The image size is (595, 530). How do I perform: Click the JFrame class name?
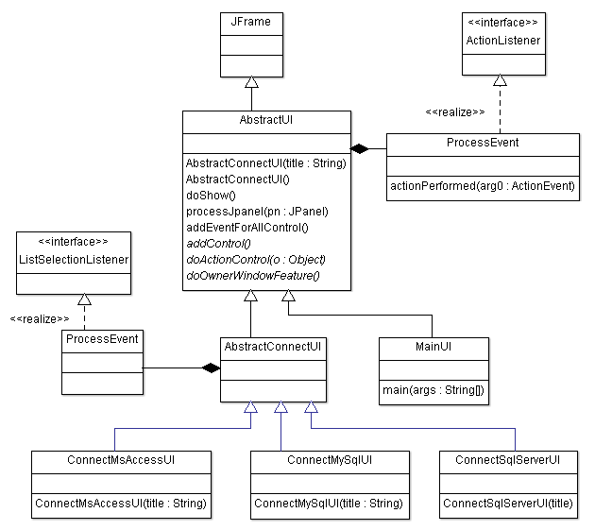(251, 21)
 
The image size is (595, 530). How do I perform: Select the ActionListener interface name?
(503, 41)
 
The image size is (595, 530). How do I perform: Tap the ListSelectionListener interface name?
(74, 259)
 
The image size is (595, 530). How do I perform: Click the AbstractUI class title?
(265, 122)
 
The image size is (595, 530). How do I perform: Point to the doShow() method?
(211, 195)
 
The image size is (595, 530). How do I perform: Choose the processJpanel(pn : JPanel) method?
(256, 211)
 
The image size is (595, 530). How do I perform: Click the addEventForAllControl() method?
(247, 228)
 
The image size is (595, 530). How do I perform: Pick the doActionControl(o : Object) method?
(255, 260)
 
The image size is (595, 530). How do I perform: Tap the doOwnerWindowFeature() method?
(253, 276)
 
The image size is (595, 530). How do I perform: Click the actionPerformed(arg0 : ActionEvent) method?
(483, 186)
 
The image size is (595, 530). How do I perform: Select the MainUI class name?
(433, 347)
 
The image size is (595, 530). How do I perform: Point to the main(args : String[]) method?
(433, 389)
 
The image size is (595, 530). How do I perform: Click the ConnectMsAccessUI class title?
(120, 460)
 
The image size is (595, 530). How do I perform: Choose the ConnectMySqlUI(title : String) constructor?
(329, 504)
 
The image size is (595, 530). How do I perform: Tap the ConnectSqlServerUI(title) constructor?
(508, 504)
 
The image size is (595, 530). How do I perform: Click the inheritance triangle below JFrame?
(251, 82)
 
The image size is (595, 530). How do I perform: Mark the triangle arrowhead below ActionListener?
(501, 80)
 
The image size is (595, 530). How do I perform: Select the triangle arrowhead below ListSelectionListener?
(84, 299)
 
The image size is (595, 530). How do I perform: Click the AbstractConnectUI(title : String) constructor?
(266, 162)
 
